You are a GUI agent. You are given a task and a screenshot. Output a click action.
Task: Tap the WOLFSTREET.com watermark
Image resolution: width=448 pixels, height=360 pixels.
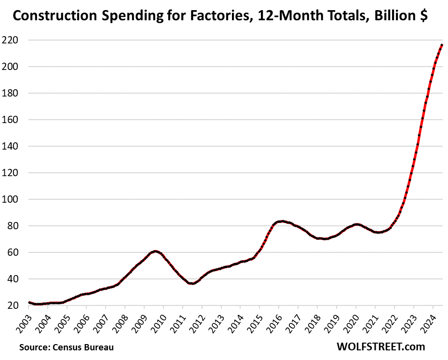381,346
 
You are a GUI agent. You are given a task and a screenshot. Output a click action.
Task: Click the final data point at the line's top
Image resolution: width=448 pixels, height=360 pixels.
442,45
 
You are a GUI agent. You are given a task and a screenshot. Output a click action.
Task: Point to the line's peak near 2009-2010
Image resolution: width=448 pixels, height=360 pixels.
155,251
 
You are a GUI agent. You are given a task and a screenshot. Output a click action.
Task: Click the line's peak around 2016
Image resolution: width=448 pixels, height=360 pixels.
282,221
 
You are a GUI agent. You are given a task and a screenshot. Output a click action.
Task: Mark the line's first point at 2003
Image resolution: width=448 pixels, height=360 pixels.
29,303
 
